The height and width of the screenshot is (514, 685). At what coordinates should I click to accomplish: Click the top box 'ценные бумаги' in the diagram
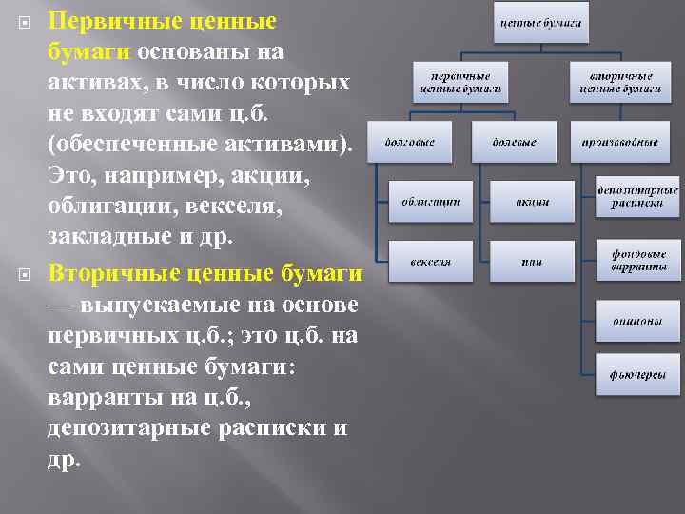click(x=539, y=22)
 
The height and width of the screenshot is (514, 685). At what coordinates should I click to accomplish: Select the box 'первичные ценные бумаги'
click(x=460, y=83)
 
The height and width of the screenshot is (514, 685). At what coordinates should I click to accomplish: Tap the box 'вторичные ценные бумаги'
click(x=620, y=83)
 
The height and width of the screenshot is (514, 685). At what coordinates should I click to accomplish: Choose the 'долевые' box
click(x=514, y=142)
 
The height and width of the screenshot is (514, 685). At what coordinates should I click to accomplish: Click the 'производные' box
click(x=620, y=142)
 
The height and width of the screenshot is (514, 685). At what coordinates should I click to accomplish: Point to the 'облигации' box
click(x=431, y=201)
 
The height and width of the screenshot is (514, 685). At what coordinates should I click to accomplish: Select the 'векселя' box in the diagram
click(x=431, y=260)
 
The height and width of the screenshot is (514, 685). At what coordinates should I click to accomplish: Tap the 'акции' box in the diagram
click(x=532, y=201)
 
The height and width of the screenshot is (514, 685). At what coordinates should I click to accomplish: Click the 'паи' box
click(x=532, y=260)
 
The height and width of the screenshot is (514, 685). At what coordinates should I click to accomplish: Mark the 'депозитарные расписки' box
click(x=637, y=195)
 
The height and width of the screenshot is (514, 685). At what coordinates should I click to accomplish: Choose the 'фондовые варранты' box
click(x=637, y=260)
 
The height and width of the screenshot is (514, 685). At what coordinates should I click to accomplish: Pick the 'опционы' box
click(x=637, y=321)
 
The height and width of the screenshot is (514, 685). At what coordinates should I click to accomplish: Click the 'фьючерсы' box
click(x=637, y=374)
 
